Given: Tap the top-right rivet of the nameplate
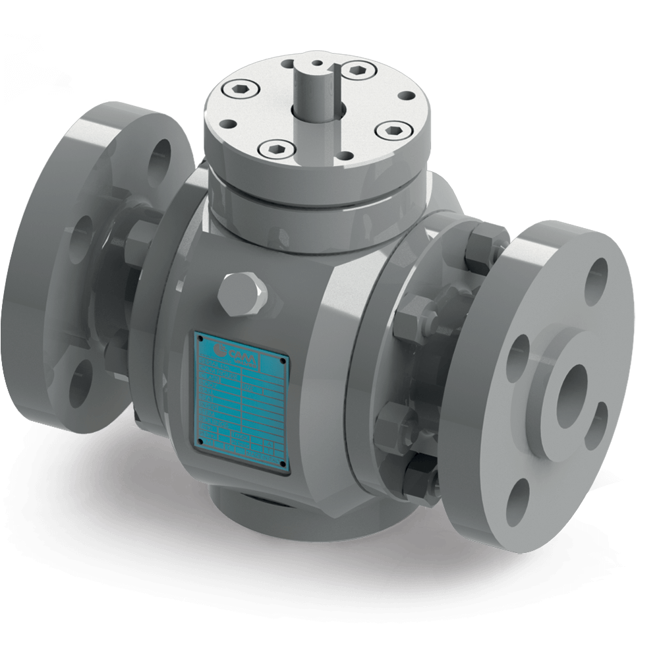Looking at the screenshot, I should click(x=285, y=361).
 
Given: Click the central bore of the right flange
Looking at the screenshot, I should click(x=571, y=395).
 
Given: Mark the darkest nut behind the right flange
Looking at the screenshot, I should click(x=419, y=472).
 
